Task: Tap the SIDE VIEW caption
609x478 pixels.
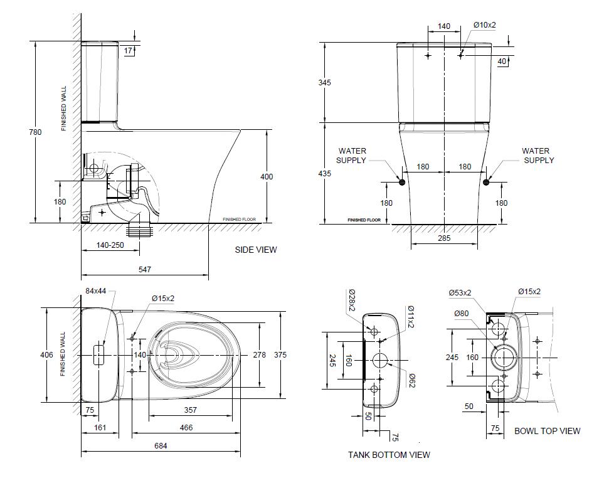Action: pyautogui.click(x=255, y=250)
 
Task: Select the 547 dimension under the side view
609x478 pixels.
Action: pyautogui.click(x=145, y=270)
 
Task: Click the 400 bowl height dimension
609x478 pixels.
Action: pyautogui.click(x=267, y=177)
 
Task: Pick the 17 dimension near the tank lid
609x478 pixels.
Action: pyautogui.click(x=128, y=50)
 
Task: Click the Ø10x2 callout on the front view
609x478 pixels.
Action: pyautogui.click(x=484, y=25)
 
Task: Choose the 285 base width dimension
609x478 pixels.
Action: pyautogui.click(x=444, y=238)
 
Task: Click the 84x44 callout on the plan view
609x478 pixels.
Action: pyautogui.click(x=96, y=291)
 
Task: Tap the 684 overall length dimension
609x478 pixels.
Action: pyautogui.click(x=161, y=447)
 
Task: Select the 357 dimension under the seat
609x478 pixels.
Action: pyautogui.click(x=191, y=410)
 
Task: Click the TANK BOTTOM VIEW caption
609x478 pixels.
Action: pyautogui.click(x=389, y=455)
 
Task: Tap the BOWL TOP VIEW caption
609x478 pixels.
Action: pyautogui.click(x=547, y=431)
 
